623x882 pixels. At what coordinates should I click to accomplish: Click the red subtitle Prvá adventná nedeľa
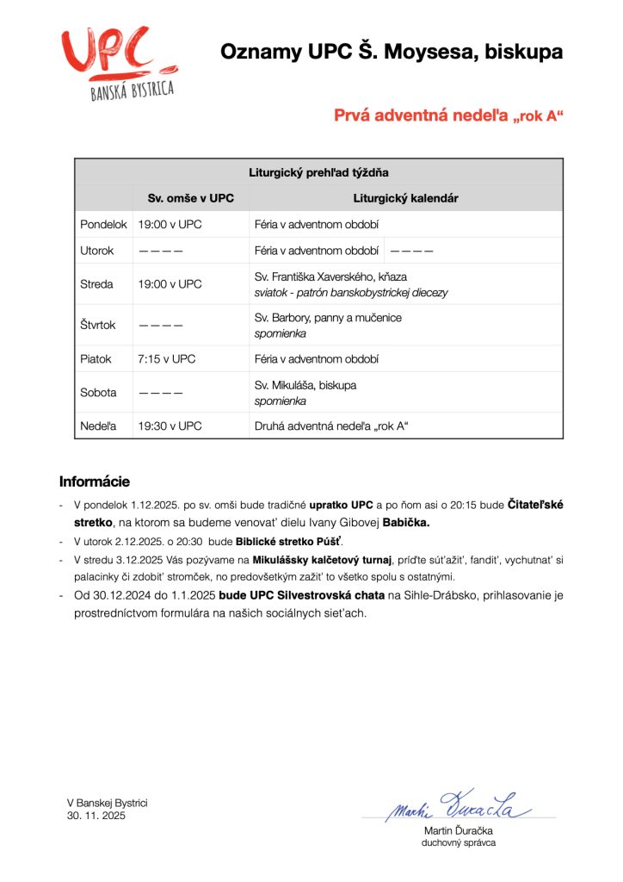pyautogui.click(x=448, y=115)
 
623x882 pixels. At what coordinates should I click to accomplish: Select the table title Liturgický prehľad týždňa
pyautogui.click(x=318, y=172)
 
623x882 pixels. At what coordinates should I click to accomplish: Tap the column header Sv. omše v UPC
pyautogui.click(x=190, y=198)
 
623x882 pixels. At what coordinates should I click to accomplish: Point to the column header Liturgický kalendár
pyautogui.click(x=405, y=198)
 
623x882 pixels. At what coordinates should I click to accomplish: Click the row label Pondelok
pyautogui.click(x=103, y=225)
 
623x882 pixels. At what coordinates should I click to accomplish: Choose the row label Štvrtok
pyautogui.click(x=98, y=326)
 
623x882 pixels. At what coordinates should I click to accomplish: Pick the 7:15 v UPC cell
pyautogui.click(x=167, y=359)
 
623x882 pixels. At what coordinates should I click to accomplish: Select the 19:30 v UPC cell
pyautogui.click(x=170, y=426)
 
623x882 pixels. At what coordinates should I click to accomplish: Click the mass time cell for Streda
pyautogui.click(x=170, y=284)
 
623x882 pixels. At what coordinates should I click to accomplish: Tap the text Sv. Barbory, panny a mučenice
pyautogui.click(x=328, y=318)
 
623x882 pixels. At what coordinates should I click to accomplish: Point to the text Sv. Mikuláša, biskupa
pyautogui.click(x=305, y=385)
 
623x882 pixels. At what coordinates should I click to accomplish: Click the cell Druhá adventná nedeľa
pyautogui.click(x=331, y=426)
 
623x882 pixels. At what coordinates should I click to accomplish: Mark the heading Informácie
pyautogui.click(x=95, y=481)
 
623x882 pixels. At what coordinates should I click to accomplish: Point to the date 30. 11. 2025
pyautogui.click(x=96, y=815)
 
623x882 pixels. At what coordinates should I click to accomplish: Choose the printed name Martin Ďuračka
pyautogui.click(x=459, y=830)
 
